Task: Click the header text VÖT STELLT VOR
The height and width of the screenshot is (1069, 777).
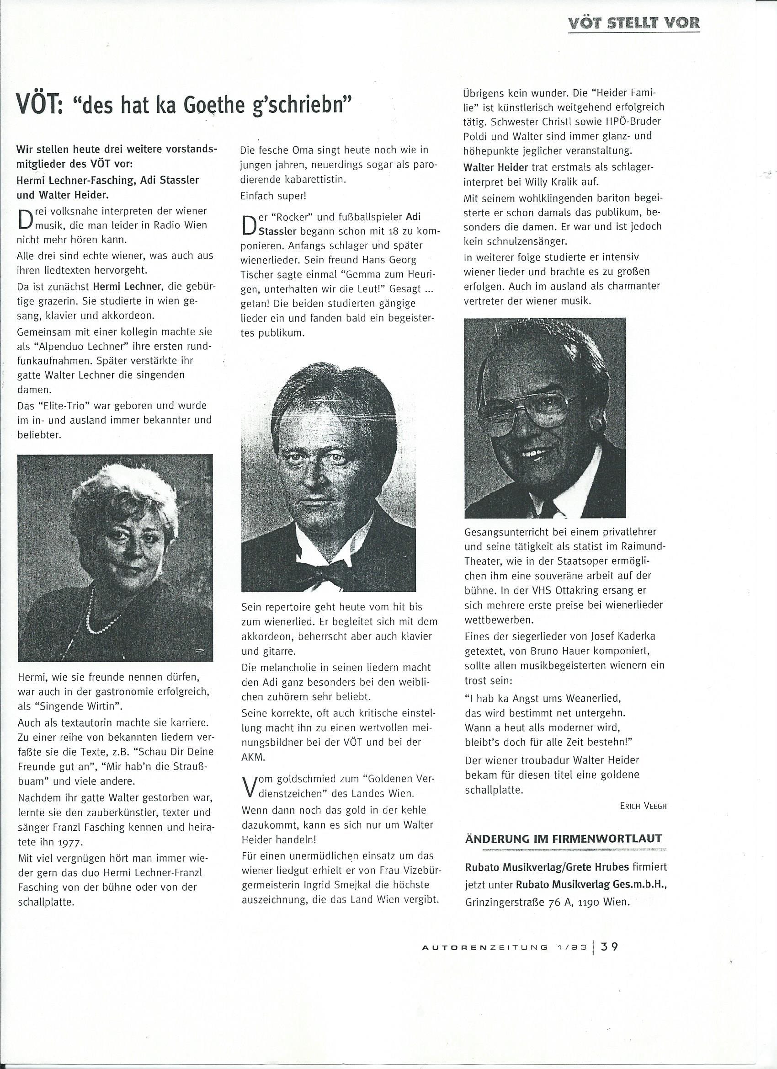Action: (634, 22)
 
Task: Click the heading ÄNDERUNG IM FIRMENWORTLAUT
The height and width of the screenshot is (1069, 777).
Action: (563, 839)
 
